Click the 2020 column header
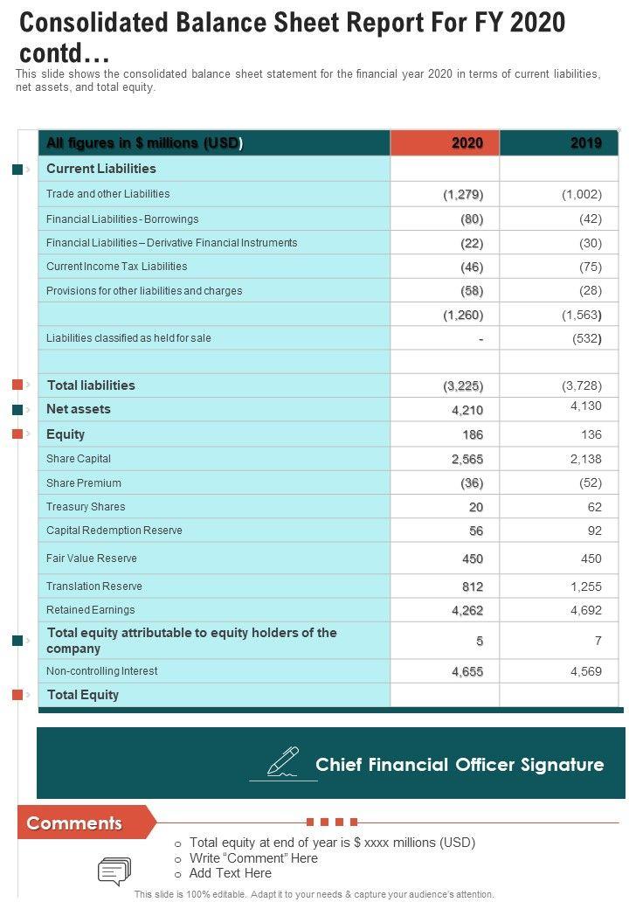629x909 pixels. (x=467, y=143)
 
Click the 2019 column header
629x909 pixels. (x=585, y=143)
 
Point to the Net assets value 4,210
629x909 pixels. (x=467, y=410)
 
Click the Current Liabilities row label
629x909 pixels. (x=101, y=169)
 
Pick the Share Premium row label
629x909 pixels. (x=84, y=483)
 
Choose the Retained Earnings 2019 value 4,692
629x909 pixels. (x=585, y=611)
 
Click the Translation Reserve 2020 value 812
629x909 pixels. (x=473, y=586)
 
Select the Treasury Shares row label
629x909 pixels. (x=86, y=507)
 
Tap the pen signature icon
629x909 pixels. (x=282, y=762)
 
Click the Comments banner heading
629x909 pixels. (x=75, y=823)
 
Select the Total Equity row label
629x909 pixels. (x=83, y=695)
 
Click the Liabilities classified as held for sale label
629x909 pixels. (x=128, y=338)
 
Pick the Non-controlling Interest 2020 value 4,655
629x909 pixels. (x=467, y=672)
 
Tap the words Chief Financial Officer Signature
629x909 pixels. (x=460, y=765)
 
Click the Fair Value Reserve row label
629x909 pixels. (x=92, y=559)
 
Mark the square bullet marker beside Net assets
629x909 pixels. (x=17, y=409)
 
